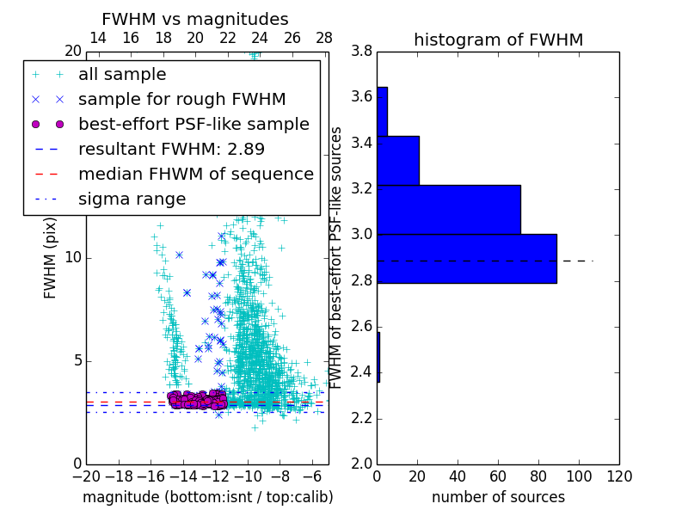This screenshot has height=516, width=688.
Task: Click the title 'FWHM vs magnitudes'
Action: pos(195,19)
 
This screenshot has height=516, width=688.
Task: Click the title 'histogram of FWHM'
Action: pos(498,40)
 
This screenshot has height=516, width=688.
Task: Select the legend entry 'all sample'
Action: pos(122,75)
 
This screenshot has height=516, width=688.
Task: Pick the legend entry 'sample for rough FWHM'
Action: pos(181,100)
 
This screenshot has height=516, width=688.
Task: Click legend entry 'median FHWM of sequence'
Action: pos(195,175)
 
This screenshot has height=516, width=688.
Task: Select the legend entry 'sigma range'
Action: pos(132,200)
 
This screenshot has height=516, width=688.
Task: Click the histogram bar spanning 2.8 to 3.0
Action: pos(467,258)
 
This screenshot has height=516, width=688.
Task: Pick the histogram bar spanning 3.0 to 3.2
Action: pos(449,209)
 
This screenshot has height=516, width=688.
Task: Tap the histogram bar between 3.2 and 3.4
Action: pos(398,160)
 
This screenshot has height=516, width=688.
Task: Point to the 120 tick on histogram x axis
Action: pos(618,476)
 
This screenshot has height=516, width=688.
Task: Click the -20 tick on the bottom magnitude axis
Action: pos(86,476)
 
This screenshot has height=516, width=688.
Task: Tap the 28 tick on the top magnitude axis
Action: pos(324,39)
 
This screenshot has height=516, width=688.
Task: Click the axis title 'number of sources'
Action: pos(498,497)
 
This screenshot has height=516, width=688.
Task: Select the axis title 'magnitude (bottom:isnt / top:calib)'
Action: pos(207,497)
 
